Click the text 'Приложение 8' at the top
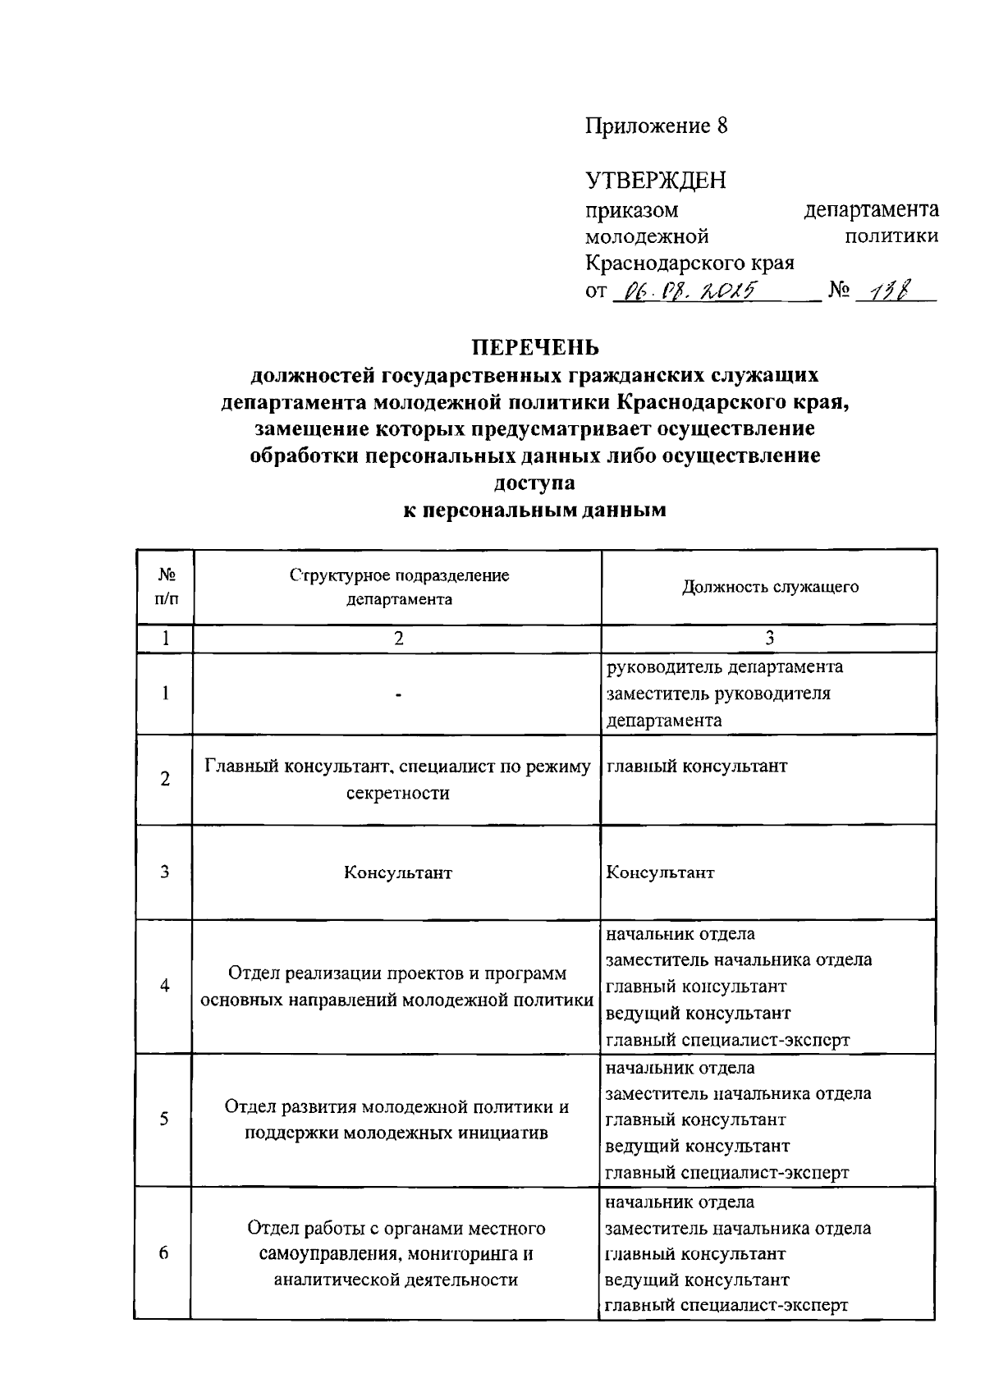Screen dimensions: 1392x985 pyautogui.click(x=656, y=126)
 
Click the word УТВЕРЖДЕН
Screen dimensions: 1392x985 pyautogui.click(x=656, y=180)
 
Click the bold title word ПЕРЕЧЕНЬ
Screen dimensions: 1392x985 pyautogui.click(x=534, y=347)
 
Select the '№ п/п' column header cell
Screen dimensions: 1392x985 pyautogui.click(x=165, y=587)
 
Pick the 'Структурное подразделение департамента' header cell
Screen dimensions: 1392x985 pyautogui.click(x=399, y=587)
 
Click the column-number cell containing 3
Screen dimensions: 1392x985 pyautogui.click(x=769, y=639)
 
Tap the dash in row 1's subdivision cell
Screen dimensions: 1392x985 pyautogui.click(x=398, y=694)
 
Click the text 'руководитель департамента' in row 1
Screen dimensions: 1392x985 pyautogui.click(x=724, y=666)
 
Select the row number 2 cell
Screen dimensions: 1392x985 pyautogui.click(x=165, y=779)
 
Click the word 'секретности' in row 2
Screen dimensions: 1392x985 pyautogui.click(x=398, y=793)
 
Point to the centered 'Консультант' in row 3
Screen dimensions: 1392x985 pyautogui.click(x=398, y=872)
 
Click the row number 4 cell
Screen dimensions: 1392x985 pyautogui.click(x=165, y=986)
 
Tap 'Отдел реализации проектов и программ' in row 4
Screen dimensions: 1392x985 pyautogui.click(x=397, y=973)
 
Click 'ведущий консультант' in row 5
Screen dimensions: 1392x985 pyautogui.click(x=697, y=1146)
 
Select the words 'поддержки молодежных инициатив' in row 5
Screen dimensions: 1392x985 pyautogui.click(x=397, y=1133)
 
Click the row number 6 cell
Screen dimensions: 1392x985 pyautogui.click(x=164, y=1253)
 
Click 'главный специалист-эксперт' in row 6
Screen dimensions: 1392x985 pyautogui.click(x=726, y=1306)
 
